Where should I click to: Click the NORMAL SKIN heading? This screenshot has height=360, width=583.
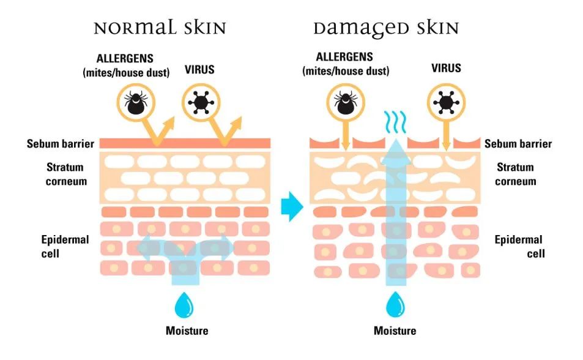pyautogui.click(x=160, y=28)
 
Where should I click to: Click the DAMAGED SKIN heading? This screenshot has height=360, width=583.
pyautogui.click(x=386, y=28)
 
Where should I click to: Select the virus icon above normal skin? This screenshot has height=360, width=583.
pyautogui.click(x=201, y=100)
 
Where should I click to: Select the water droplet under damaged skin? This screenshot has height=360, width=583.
pyautogui.click(x=396, y=304)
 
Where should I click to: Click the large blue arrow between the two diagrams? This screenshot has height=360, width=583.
pyautogui.click(x=292, y=206)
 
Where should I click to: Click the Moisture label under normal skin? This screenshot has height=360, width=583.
pyautogui.click(x=187, y=331)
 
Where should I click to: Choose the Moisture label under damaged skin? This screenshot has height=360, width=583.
pyautogui.click(x=395, y=331)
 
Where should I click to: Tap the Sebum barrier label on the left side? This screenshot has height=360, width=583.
pyautogui.click(x=60, y=144)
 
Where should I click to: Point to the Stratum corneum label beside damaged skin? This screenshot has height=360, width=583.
pyautogui.click(x=515, y=174)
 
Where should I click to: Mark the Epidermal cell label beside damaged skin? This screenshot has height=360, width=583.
pyautogui.click(x=518, y=246)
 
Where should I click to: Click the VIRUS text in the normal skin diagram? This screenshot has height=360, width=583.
pyautogui.click(x=199, y=69)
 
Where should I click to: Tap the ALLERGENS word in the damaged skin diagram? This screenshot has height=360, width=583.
pyautogui.click(x=345, y=57)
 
